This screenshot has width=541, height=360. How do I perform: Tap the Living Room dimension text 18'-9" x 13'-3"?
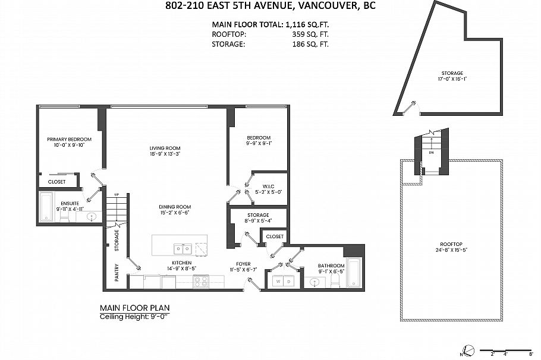tap(165, 154)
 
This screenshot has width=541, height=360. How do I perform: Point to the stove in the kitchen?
tap(201, 282)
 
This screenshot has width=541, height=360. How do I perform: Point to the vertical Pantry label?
tap(117, 273)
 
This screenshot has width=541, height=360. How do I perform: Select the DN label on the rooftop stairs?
tap(430, 152)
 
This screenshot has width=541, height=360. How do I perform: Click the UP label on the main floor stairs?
tap(117, 195)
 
